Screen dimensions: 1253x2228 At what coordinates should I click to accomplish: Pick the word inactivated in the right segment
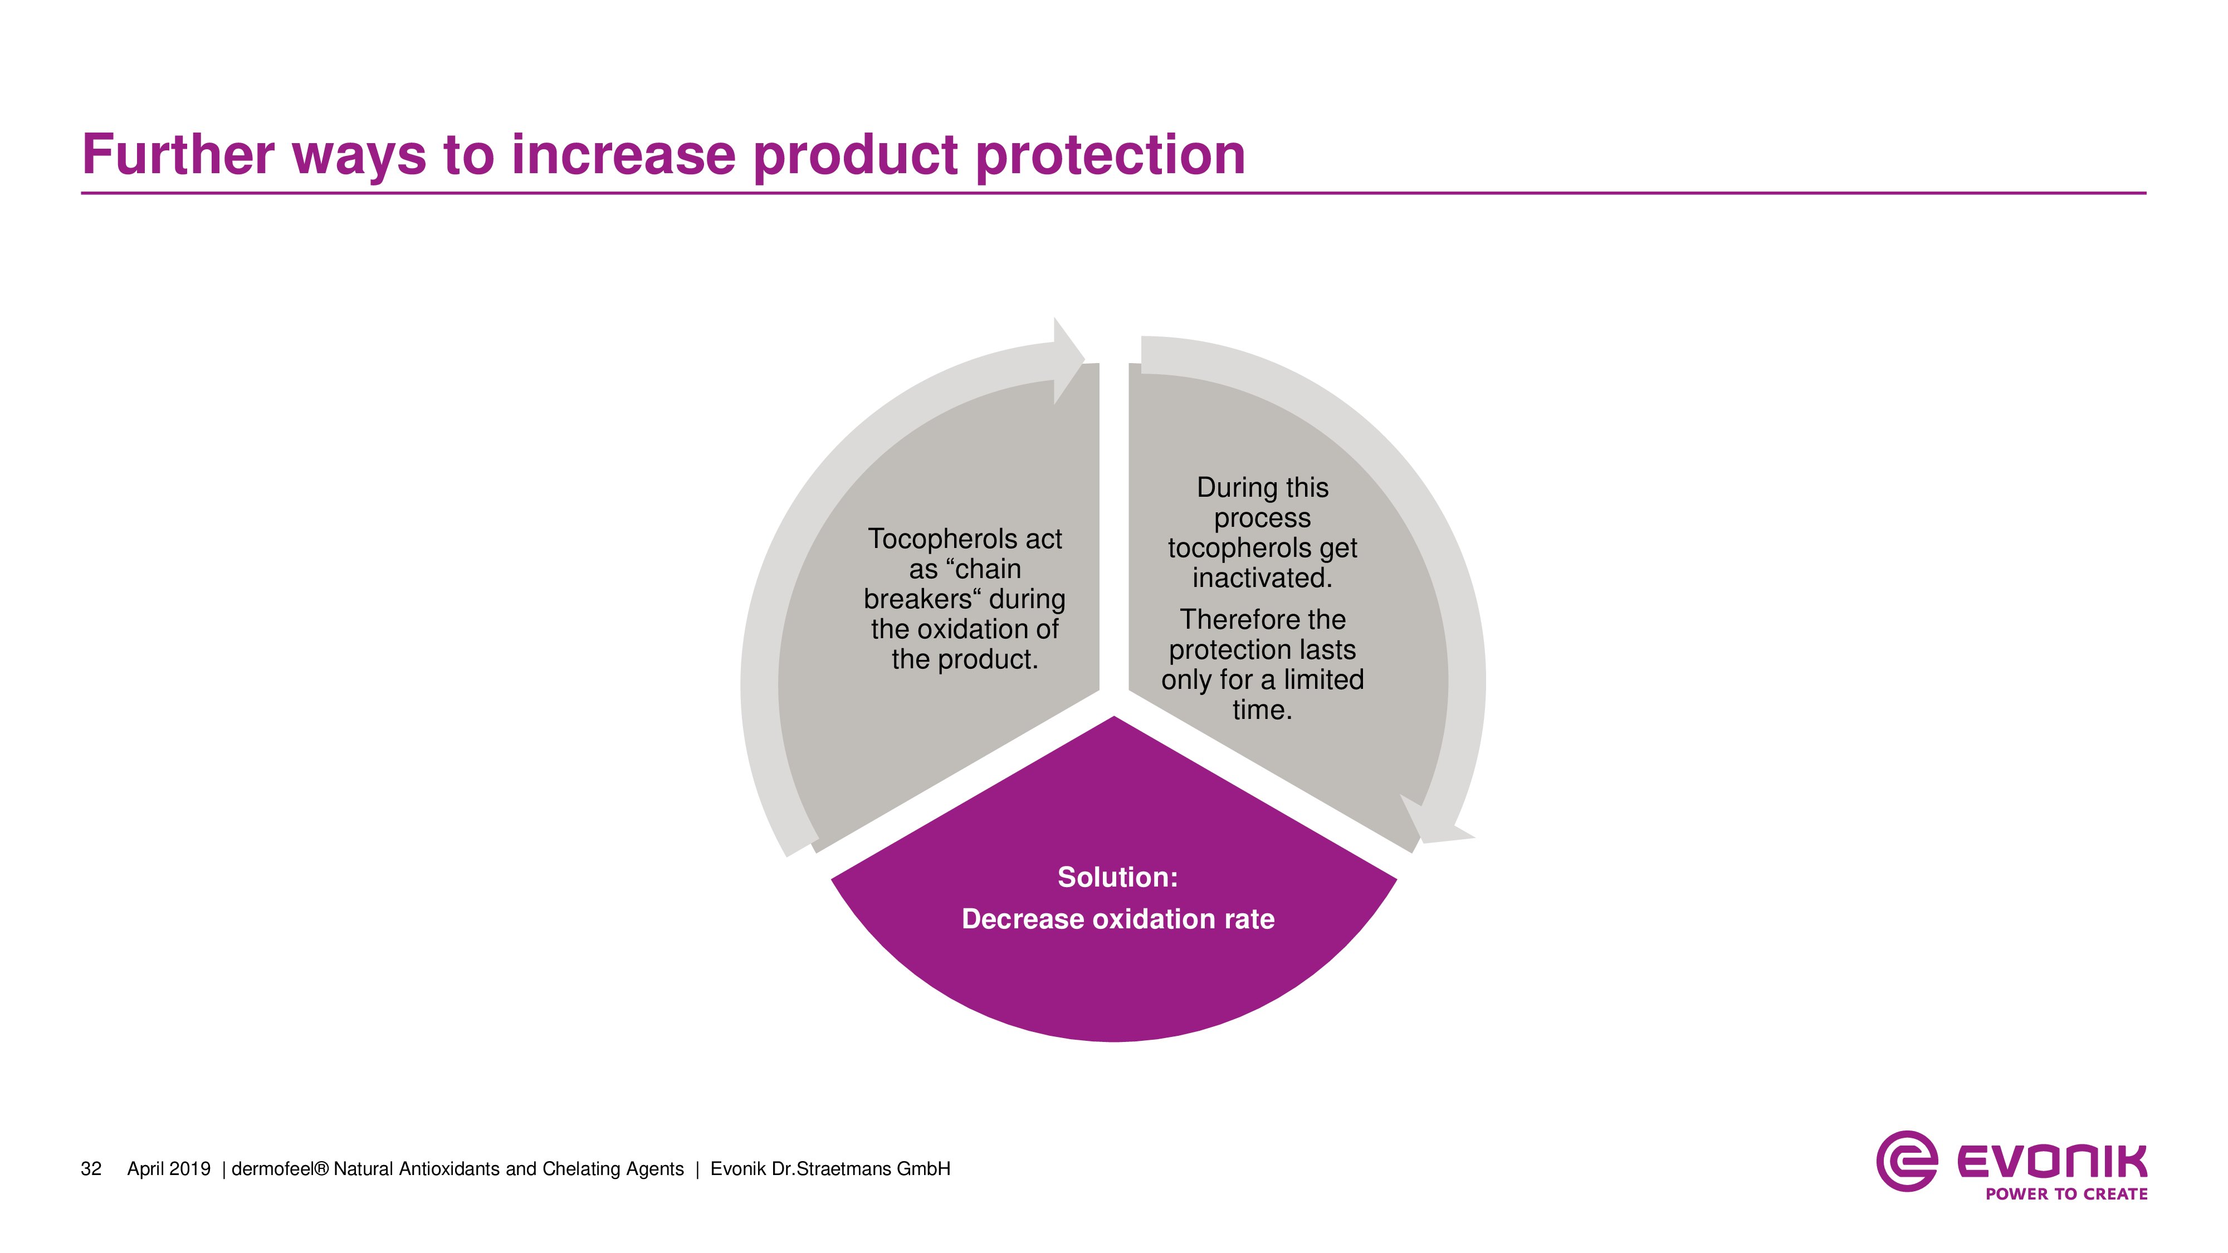1262,577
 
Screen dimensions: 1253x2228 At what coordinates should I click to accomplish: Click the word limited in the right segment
1323,679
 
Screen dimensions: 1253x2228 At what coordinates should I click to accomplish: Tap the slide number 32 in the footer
91,1169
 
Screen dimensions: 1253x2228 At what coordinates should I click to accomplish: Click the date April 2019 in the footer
169,1169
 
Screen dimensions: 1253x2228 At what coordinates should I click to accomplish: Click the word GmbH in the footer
923,1169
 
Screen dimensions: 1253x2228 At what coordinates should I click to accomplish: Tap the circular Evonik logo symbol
1906,1161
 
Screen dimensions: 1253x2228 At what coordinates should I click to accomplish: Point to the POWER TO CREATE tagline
2066,1194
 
